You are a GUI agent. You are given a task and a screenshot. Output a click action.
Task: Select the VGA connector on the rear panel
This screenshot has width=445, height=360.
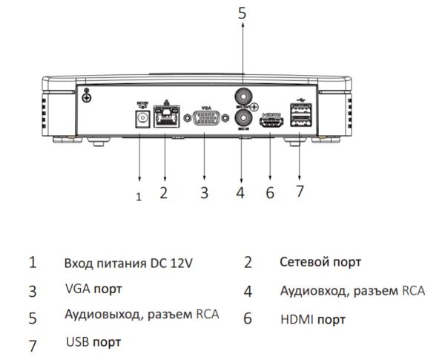coord(204,120)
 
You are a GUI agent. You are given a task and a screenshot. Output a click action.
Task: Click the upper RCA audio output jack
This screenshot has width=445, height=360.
coord(243,96)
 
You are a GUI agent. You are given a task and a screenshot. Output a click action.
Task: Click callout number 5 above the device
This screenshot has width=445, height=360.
coord(242,12)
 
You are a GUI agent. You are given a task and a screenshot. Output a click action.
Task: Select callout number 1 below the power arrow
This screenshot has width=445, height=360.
coord(138,197)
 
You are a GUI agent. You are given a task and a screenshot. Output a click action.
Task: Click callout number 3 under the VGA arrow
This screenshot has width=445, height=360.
coord(204,193)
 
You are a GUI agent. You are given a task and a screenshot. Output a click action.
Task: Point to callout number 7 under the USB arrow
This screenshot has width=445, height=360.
coord(300,192)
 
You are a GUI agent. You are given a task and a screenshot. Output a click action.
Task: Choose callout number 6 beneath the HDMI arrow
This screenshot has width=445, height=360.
coord(270,193)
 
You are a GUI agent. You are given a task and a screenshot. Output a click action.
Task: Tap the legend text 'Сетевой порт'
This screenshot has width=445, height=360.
coord(320,262)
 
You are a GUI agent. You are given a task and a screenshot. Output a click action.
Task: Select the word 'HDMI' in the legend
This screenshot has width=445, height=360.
coord(296,321)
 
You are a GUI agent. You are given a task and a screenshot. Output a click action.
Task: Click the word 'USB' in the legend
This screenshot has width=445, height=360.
coord(77,342)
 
